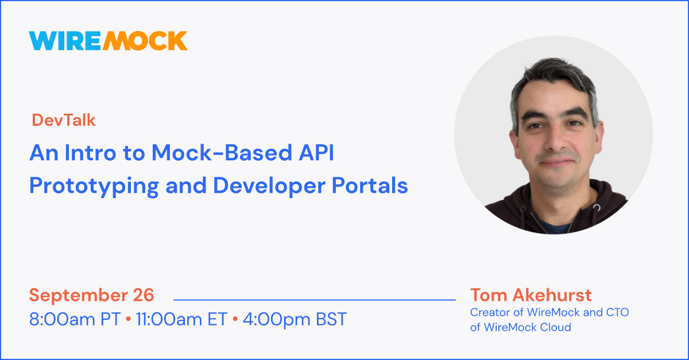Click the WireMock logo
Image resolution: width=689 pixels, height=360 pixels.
click(x=108, y=40)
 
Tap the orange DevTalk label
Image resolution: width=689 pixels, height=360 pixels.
click(x=64, y=120)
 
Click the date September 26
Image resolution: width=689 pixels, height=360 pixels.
click(x=92, y=295)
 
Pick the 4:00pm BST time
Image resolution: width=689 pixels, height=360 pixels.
click(x=295, y=319)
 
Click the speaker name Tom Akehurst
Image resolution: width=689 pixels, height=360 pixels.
click(x=531, y=295)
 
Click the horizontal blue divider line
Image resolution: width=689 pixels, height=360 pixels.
click(x=314, y=299)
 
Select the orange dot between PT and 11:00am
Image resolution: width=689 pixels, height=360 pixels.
click(x=129, y=319)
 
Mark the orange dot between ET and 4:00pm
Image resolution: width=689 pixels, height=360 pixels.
click(x=235, y=319)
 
